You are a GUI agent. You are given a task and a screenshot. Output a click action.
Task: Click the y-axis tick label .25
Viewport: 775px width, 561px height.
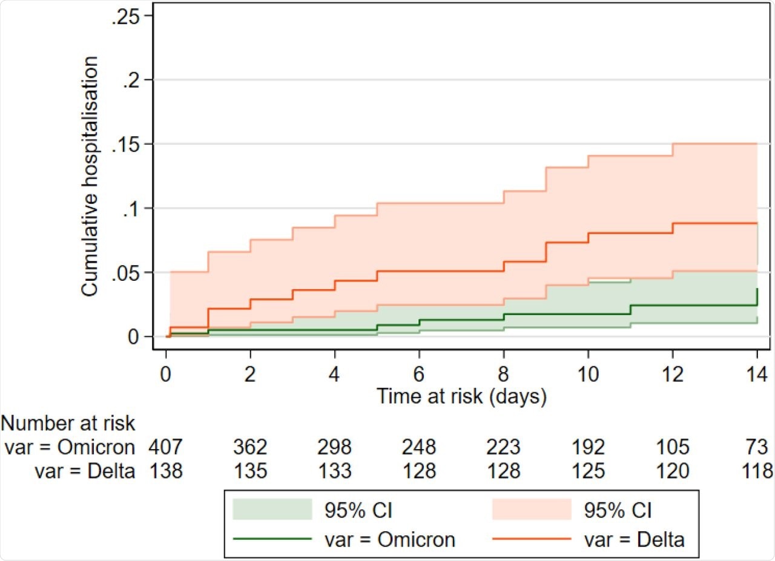tap(125, 16)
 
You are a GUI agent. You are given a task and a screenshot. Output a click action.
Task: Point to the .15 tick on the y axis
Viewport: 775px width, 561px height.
tap(125, 144)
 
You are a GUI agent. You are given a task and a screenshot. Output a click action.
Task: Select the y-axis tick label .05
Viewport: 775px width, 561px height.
tap(125, 272)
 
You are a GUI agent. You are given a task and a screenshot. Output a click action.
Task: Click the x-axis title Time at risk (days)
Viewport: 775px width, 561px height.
tap(461, 396)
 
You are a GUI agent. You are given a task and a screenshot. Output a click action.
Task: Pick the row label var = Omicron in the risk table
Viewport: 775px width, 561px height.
tap(69, 447)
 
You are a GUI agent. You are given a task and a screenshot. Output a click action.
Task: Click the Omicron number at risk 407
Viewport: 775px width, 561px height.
tap(166, 447)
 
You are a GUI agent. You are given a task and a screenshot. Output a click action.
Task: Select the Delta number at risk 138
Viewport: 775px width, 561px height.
tap(166, 471)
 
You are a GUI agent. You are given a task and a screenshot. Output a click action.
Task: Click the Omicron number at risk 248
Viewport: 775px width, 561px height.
tap(419, 447)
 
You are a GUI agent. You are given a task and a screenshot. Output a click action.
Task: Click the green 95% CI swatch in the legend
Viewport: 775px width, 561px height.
tap(272, 510)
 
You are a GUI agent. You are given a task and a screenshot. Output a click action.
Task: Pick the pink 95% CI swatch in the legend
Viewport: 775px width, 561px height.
tap(532, 510)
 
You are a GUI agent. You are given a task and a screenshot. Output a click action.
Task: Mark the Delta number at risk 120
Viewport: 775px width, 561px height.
tap(672, 471)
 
